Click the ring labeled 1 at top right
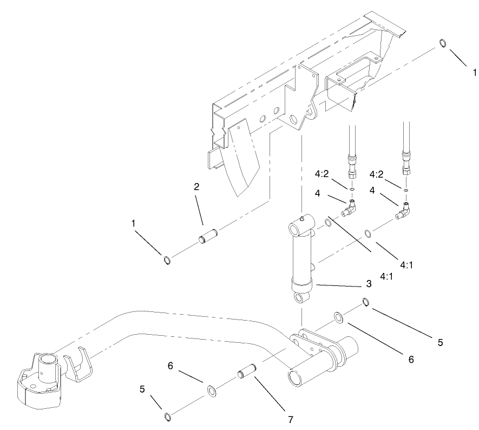442,43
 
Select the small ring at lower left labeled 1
168,261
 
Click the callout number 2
196,187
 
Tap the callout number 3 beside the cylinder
368,283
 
